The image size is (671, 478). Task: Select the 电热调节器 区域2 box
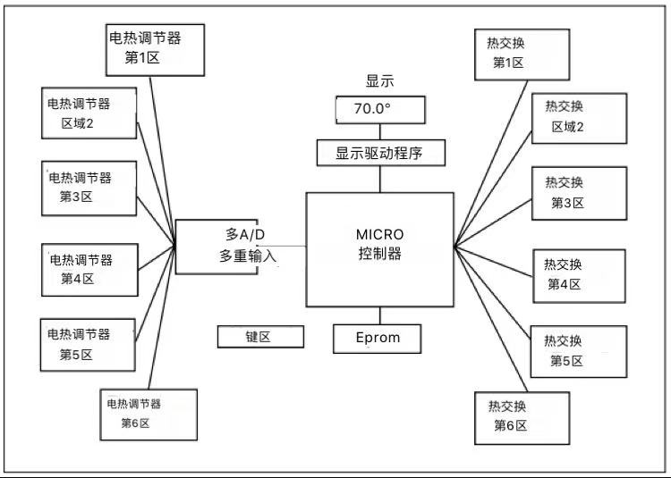coord(89,113)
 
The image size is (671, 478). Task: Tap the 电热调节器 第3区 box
coord(89,187)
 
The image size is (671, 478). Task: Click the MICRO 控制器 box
coord(379,248)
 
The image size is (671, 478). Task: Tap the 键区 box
coord(260,337)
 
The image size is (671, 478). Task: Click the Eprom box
coord(378,338)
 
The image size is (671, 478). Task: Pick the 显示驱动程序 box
coord(381,153)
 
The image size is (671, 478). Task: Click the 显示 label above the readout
coord(380,81)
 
